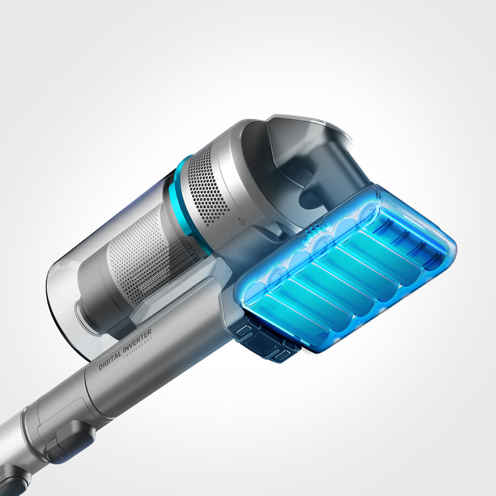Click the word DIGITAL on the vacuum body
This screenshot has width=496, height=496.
click(x=111, y=360)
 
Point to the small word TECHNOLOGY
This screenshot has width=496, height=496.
click(x=138, y=348)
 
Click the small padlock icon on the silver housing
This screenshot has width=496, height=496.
click(x=243, y=223)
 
